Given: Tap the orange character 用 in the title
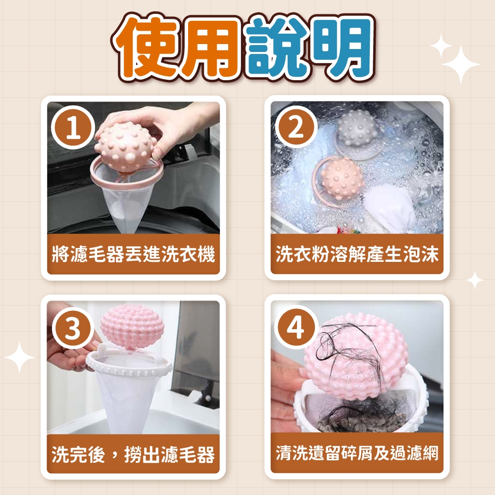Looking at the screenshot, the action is click(215, 48).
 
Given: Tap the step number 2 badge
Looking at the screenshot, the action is click(297, 128).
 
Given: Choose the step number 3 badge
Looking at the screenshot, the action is click(73, 328).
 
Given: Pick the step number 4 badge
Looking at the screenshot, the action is click(296, 328).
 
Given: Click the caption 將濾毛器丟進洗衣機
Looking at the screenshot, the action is click(133, 254).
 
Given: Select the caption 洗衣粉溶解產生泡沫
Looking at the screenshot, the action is click(357, 254).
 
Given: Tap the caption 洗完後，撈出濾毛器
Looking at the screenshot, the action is click(133, 454).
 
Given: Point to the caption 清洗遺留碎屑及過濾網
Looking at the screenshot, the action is click(357, 453).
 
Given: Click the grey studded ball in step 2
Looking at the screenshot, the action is click(357, 129).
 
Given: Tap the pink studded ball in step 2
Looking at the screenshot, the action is click(342, 178).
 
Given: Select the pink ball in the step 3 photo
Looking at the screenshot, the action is click(132, 326).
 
